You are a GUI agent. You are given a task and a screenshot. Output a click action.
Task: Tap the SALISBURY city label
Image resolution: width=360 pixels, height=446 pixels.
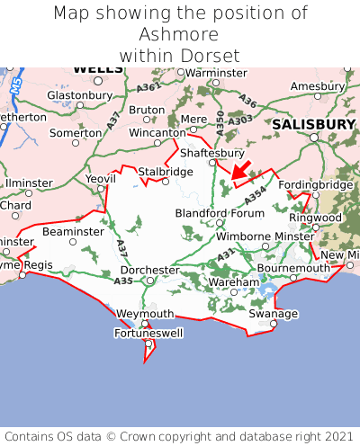(x=314, y=124)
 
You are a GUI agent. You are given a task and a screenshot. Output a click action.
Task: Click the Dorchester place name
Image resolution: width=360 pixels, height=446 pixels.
(x=149, y=270)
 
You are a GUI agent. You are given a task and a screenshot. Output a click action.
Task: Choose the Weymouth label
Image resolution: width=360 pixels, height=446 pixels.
(x=145, y=313)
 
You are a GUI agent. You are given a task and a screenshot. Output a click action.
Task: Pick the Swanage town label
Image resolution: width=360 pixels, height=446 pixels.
(x=273, y=314)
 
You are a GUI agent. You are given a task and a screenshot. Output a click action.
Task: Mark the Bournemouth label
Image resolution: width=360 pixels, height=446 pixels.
(x=293, y=268)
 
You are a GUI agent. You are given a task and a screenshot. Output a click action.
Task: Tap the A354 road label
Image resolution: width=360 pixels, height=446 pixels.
(x=256, y=195)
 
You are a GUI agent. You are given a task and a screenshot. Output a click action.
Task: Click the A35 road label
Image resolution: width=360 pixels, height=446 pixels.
(x=124, y=281)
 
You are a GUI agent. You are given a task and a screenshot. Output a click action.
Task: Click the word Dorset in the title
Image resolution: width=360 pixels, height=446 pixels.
(x=211, y=55)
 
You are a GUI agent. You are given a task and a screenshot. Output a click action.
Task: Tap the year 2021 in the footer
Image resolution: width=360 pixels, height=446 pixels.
(x=334, y=434)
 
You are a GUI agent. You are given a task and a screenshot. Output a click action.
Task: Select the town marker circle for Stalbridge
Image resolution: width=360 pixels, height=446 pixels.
(x=165, y=181)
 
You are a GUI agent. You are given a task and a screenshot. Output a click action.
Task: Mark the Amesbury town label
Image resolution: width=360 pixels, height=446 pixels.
(x=317, y=85)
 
